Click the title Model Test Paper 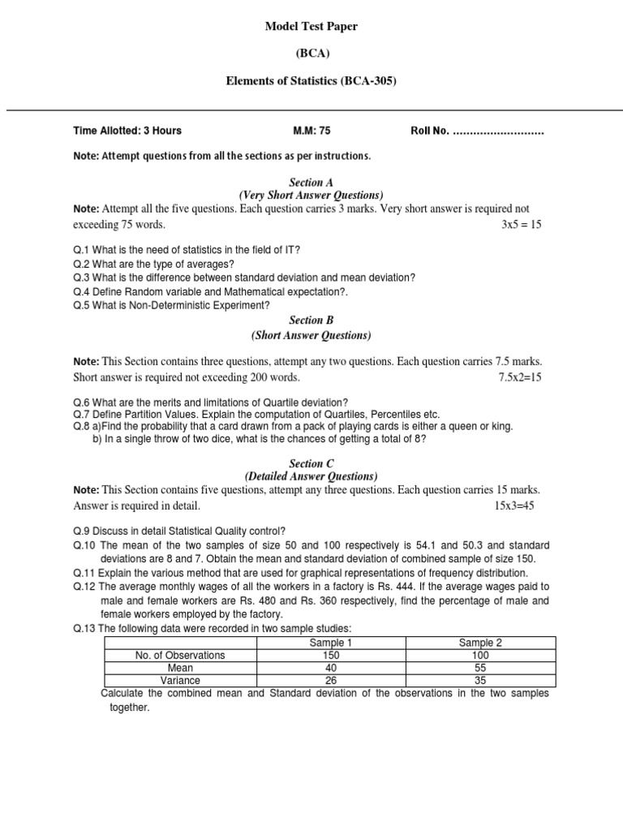pos(311,27)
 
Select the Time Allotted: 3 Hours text pos(127,131)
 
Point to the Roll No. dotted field pos(477,131)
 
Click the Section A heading pos(311,183)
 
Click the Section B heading pos(311,321)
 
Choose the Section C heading pos(311,463)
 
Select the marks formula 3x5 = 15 pos(521,224)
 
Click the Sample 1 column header pos(331,643)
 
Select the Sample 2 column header pos(480,643)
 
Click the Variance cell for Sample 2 pos(480,681)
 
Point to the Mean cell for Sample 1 pos(331,668)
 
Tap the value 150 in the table pos(331,656)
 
